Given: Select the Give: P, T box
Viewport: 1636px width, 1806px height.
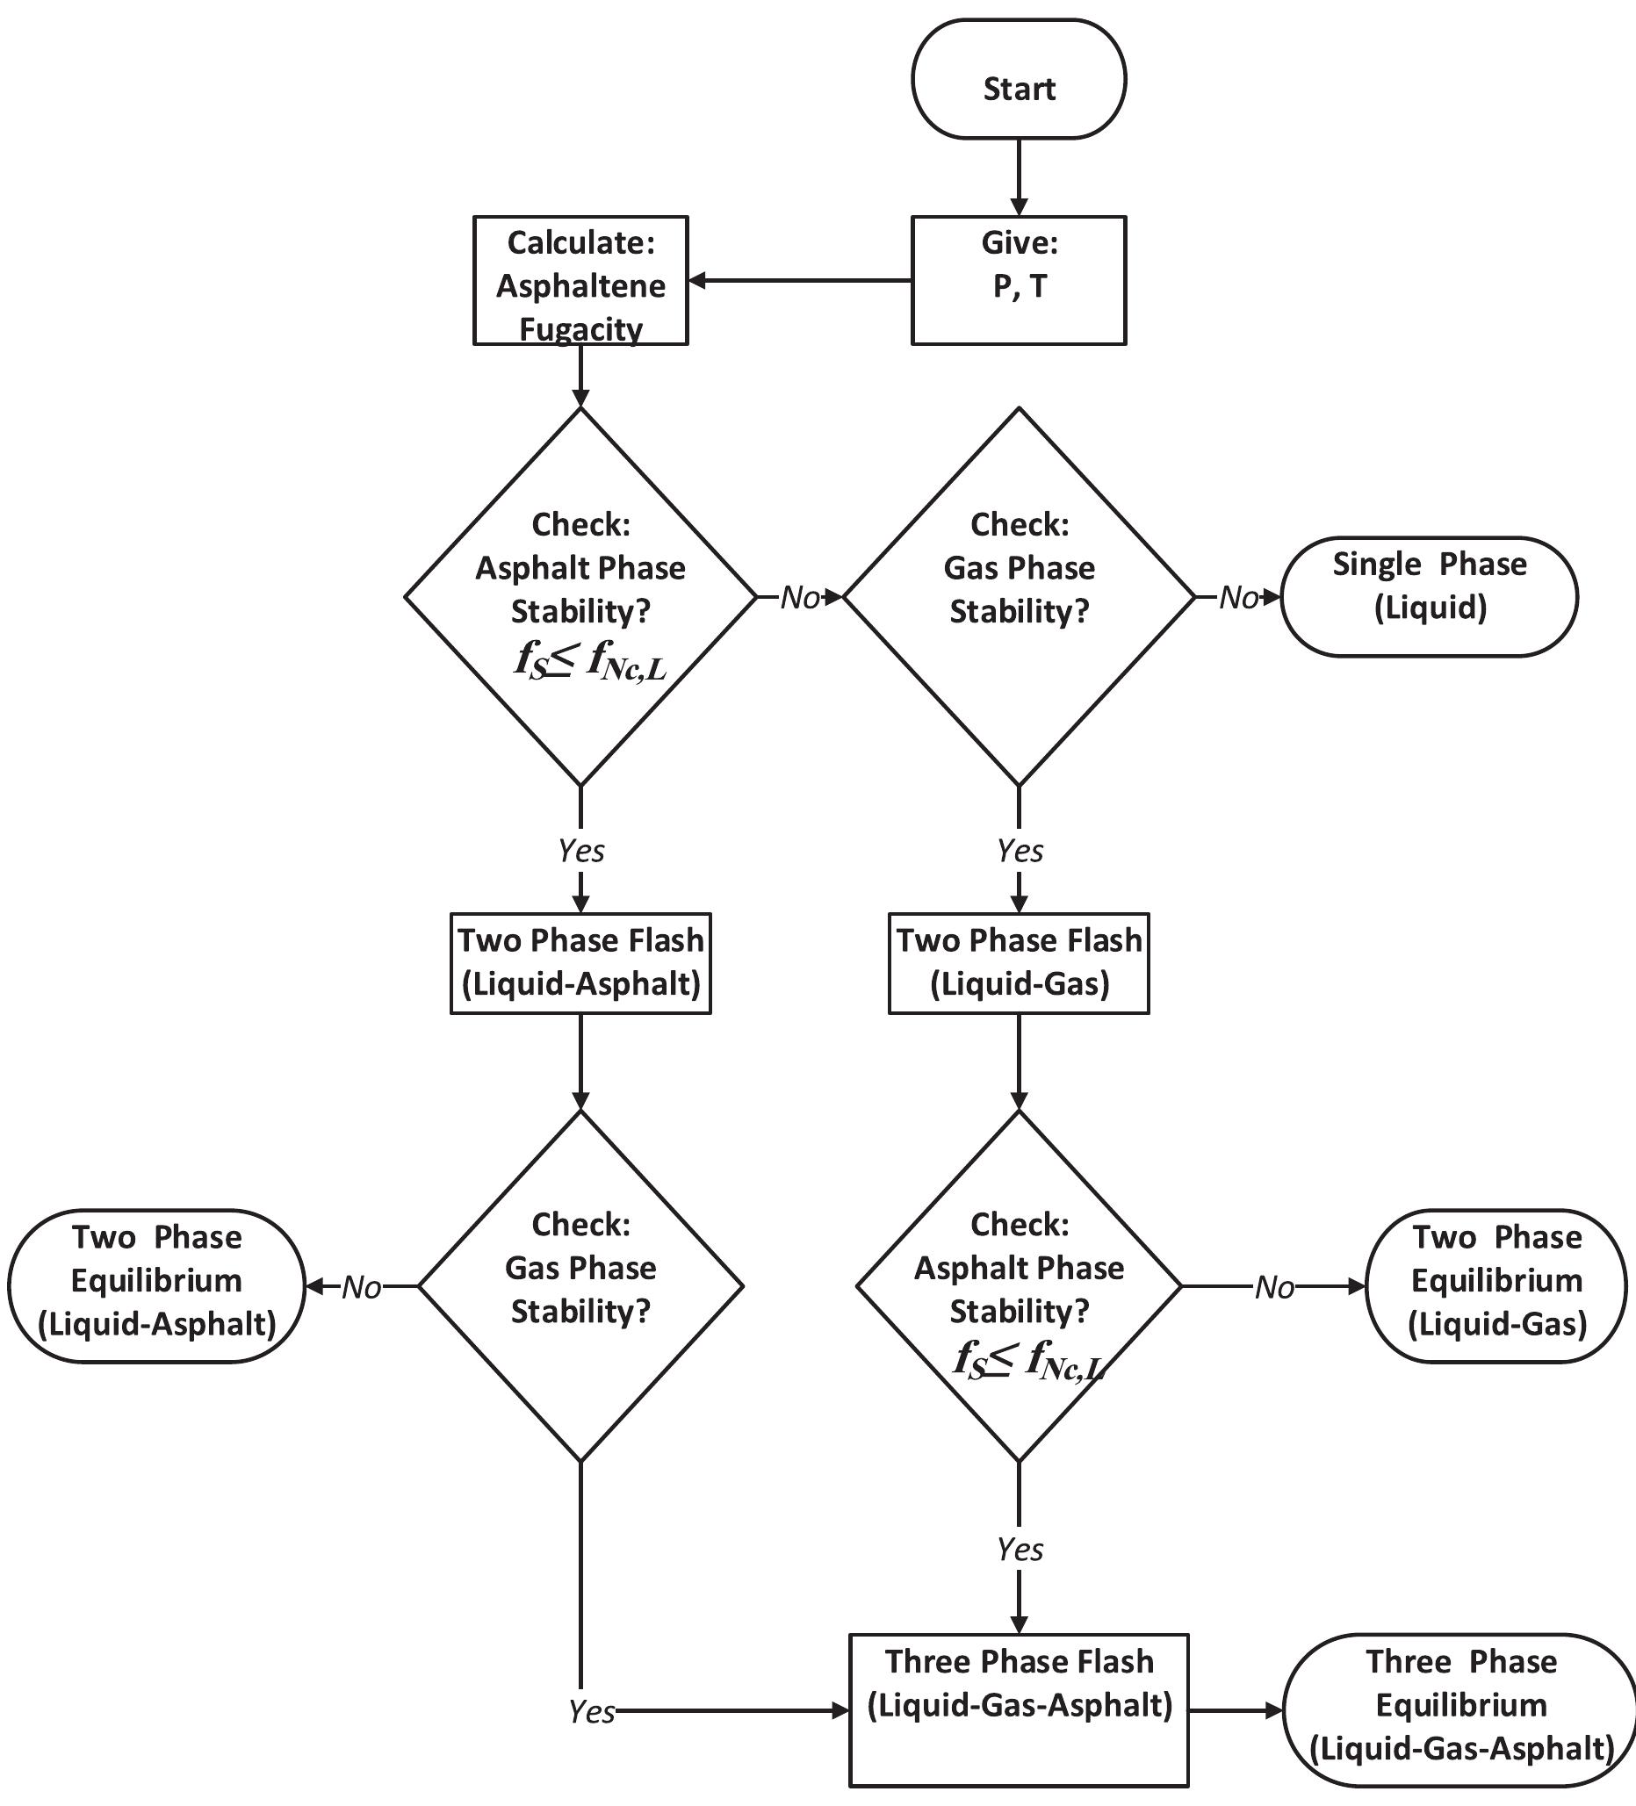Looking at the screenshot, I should pos(1019,280).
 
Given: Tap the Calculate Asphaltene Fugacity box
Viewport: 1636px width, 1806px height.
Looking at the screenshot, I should pos(580,280).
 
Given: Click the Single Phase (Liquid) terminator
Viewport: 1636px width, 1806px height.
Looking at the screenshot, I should pos(1429,597).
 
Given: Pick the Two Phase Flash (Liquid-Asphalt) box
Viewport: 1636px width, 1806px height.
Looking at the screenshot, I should pos(580,963).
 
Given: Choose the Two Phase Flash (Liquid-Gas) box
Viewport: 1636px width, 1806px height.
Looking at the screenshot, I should pos(1019,963).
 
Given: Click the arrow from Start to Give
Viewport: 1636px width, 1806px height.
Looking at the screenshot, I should pos(1019,177).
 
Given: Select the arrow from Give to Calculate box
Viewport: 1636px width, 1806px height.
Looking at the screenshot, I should pos(799,281).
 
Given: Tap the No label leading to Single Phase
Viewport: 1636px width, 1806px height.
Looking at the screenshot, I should pos(1239,598).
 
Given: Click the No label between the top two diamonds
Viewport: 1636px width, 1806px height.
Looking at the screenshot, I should pos(800,598).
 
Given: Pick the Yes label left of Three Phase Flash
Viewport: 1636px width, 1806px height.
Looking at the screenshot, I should pos(592,1712).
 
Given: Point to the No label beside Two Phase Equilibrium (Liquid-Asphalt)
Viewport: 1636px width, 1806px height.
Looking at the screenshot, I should pos(361,1287).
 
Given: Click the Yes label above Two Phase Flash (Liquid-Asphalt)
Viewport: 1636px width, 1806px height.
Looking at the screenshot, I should pos(580,850).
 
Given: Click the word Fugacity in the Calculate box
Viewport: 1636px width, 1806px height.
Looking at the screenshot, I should pos(580,329).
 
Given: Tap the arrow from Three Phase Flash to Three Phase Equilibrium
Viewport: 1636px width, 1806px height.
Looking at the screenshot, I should pos(1236,1710).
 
